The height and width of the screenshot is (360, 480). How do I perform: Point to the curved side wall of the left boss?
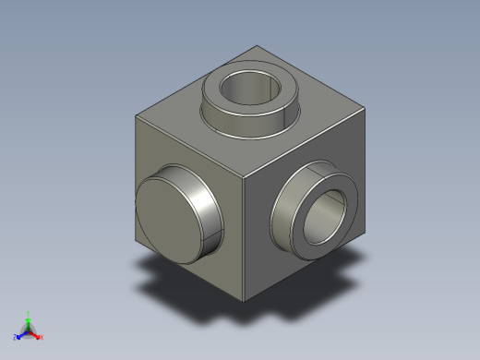coord(209,209)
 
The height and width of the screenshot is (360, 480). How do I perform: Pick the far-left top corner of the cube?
coord(136,114)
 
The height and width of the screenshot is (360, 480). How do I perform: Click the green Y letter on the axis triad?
coord(30,313)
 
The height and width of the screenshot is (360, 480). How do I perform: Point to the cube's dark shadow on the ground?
coord(305,295)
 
